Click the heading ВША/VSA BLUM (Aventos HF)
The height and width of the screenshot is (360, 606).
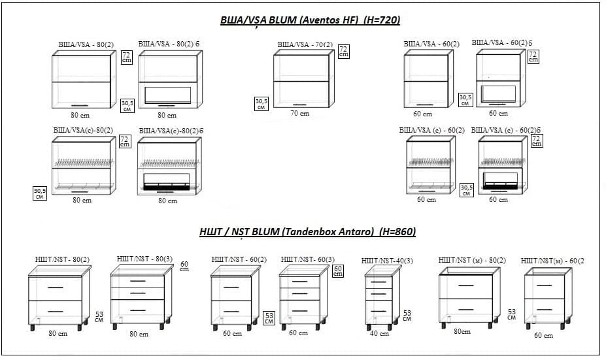[309, 21]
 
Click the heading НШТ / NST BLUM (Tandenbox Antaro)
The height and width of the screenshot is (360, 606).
[307, 232]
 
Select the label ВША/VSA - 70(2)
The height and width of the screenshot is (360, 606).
[305, 45]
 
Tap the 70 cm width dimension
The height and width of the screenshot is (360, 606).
[300, 114]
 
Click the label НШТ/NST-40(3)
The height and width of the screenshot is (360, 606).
[387, 261]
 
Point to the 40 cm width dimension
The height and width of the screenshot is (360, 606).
[379, 334]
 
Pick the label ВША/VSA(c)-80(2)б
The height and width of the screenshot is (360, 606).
[169, 131]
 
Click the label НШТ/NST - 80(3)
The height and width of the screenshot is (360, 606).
[144, 259]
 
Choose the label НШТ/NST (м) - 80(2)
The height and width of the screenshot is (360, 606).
[472, 261]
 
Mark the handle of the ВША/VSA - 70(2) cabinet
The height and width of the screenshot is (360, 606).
[300, 103]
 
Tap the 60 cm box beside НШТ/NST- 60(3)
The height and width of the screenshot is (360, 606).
[338, 270]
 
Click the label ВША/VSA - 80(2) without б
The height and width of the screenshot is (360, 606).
[86, 44]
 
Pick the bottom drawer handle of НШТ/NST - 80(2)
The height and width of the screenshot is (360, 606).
[55, 310]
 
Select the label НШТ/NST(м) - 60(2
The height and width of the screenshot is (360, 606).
[552, 261]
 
